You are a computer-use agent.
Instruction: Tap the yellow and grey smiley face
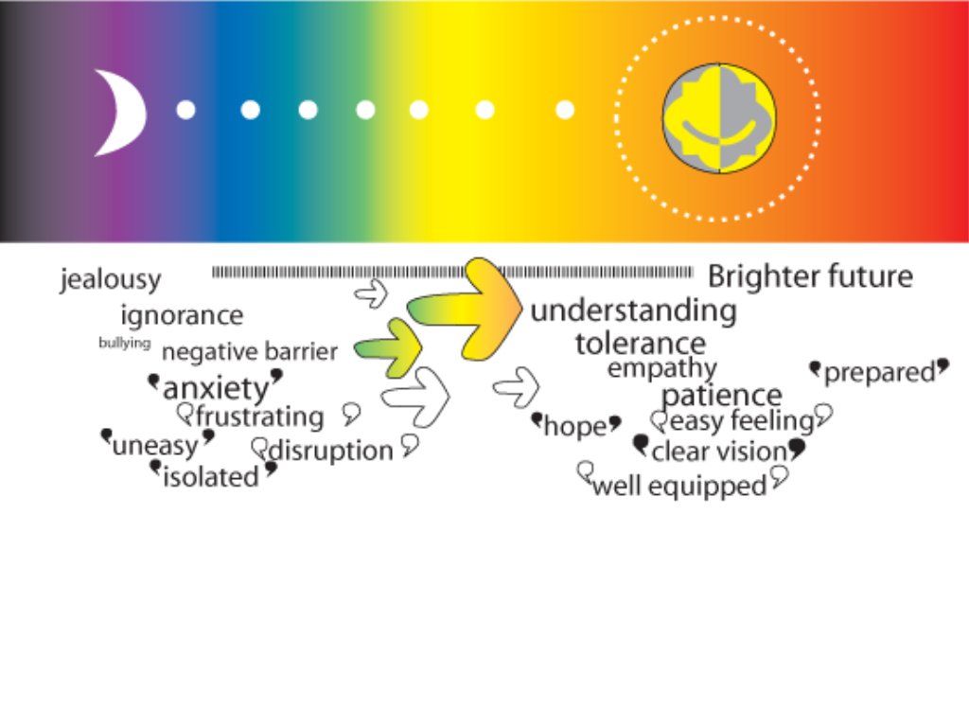719,117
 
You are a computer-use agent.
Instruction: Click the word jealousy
110,279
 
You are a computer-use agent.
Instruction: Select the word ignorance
182,315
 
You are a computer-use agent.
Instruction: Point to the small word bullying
124,343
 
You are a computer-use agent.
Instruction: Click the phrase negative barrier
250,352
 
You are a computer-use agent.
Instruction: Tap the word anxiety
216,389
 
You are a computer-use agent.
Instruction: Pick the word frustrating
259,417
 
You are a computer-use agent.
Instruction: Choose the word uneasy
155,445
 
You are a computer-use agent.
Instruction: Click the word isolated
211,477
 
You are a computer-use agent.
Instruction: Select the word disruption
331,451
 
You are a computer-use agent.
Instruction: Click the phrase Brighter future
810,276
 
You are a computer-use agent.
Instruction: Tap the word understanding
633,310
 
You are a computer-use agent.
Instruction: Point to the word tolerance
641,344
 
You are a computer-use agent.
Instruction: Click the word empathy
661,368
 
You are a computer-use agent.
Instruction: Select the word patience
722,395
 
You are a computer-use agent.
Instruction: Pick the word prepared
880,373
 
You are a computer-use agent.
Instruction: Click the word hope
575,427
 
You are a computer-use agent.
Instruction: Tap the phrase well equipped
679,486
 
